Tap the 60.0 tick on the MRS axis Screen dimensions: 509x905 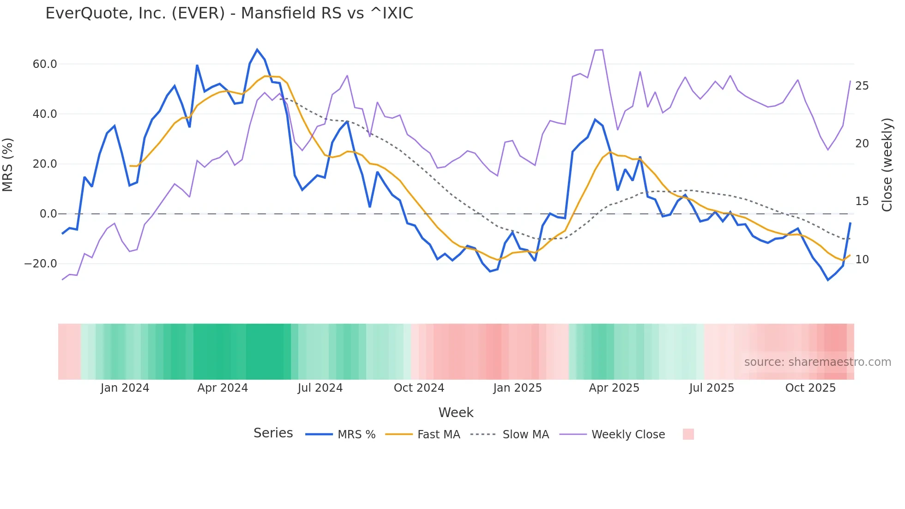pos(45,64)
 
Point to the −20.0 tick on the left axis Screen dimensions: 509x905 pos(41,264)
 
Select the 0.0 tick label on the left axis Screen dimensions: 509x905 pos(48,214)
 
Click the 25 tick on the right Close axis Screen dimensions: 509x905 pos(862,86)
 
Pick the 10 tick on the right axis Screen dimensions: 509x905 pos(862,260)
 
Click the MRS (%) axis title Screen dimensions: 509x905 pos(8,164)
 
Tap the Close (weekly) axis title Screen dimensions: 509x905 pos(887,164)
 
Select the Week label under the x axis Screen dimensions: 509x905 pos(456,412)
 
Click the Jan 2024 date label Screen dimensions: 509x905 pos(125,388)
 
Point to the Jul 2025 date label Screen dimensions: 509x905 pos(712,388)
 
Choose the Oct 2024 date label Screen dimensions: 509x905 pos(419,388)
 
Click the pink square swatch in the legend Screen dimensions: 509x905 pos(688,434)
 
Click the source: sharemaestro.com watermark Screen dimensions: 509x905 pos(817,362)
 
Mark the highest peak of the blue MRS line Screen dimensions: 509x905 pos(257,49)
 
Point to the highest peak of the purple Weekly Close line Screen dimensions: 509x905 pos(602,49)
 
